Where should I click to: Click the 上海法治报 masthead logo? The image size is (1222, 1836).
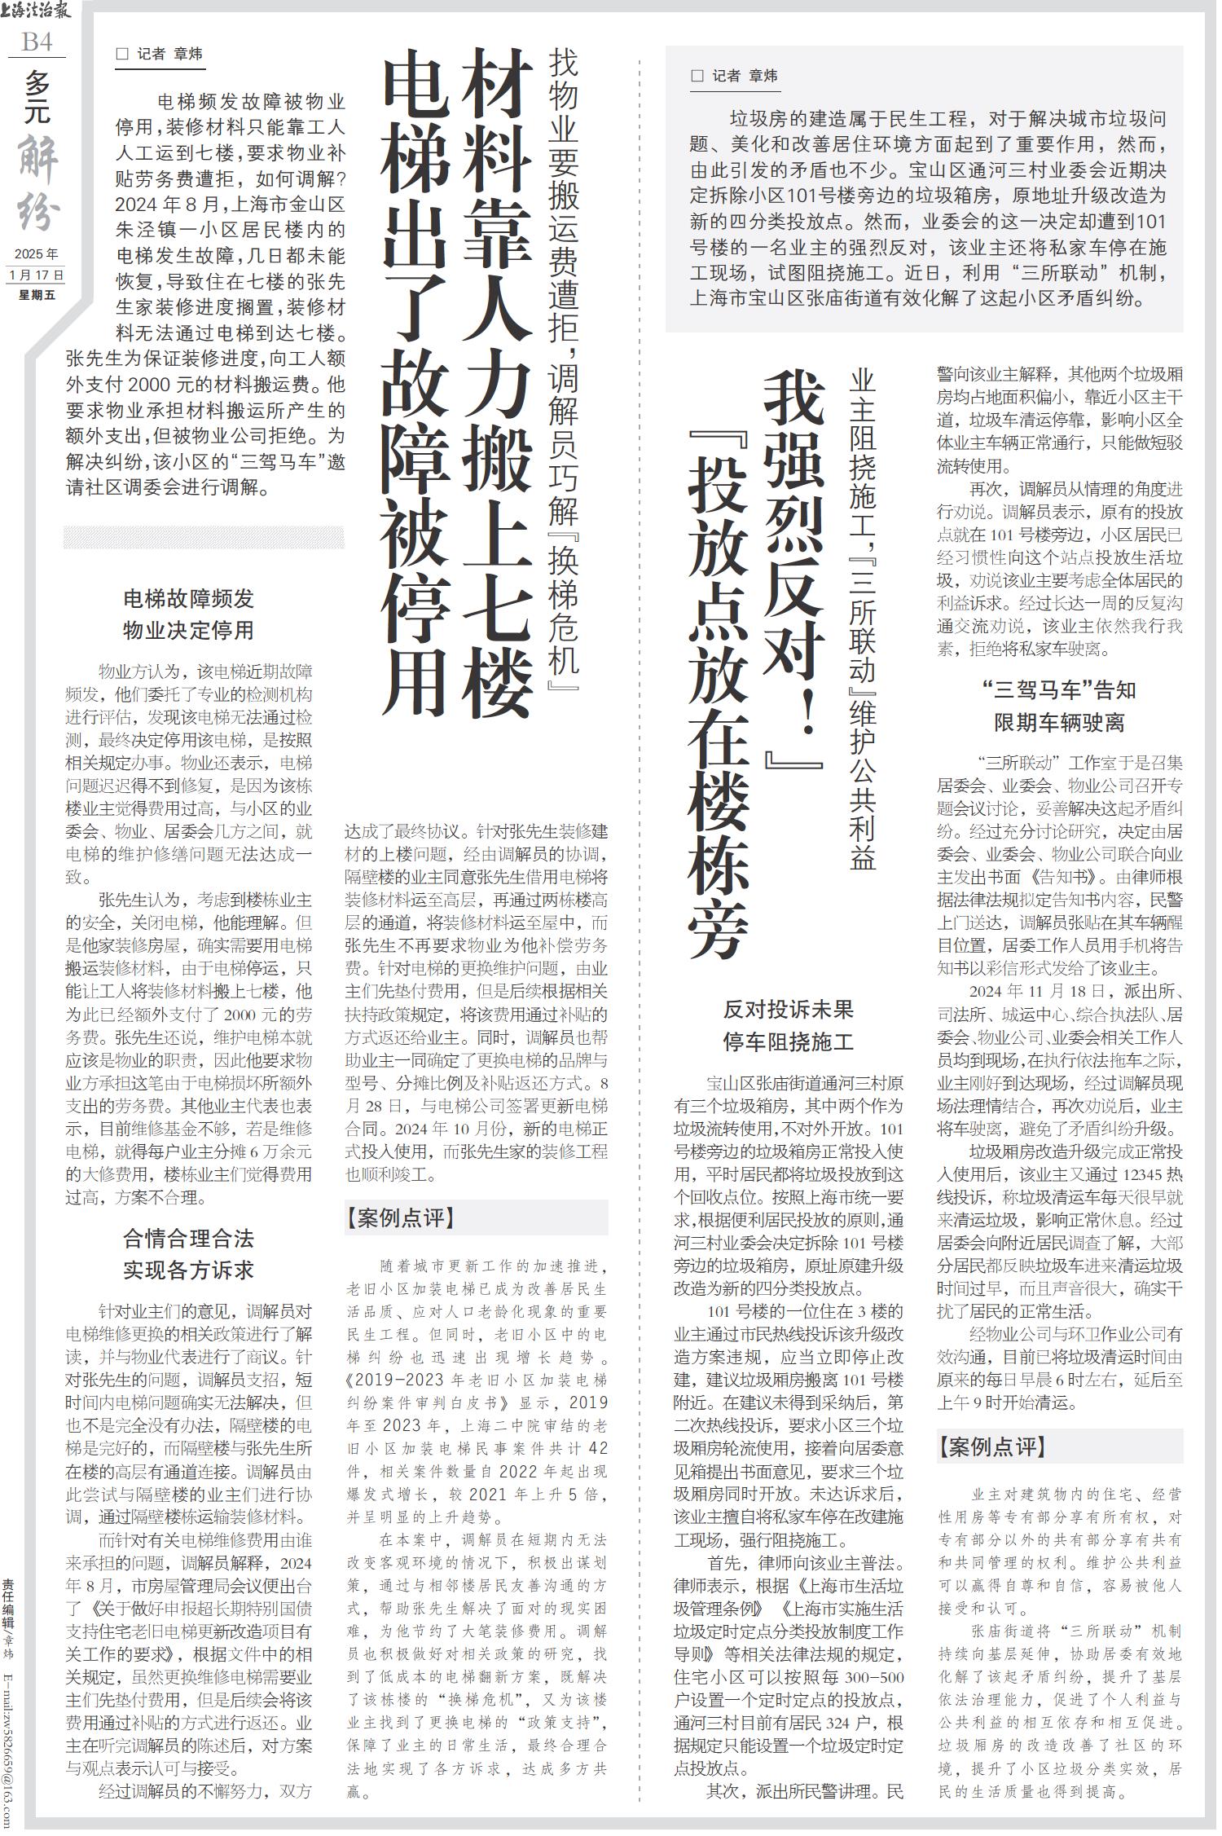(37, 11)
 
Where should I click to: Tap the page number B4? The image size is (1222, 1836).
(37, 40)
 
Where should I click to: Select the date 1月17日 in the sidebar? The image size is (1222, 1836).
(37, 274)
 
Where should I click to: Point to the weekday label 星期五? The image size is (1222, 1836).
(37, 294)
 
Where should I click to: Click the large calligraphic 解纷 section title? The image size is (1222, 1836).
(37, 183)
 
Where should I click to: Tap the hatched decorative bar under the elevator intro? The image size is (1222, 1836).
(204, 537)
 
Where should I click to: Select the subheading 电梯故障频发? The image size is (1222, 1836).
(188, 599)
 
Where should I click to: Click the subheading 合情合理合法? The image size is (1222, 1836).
(188, 1239)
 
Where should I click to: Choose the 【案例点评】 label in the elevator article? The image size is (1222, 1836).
(399, 1217)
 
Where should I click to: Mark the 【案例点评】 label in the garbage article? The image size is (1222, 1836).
(991, 1446)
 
